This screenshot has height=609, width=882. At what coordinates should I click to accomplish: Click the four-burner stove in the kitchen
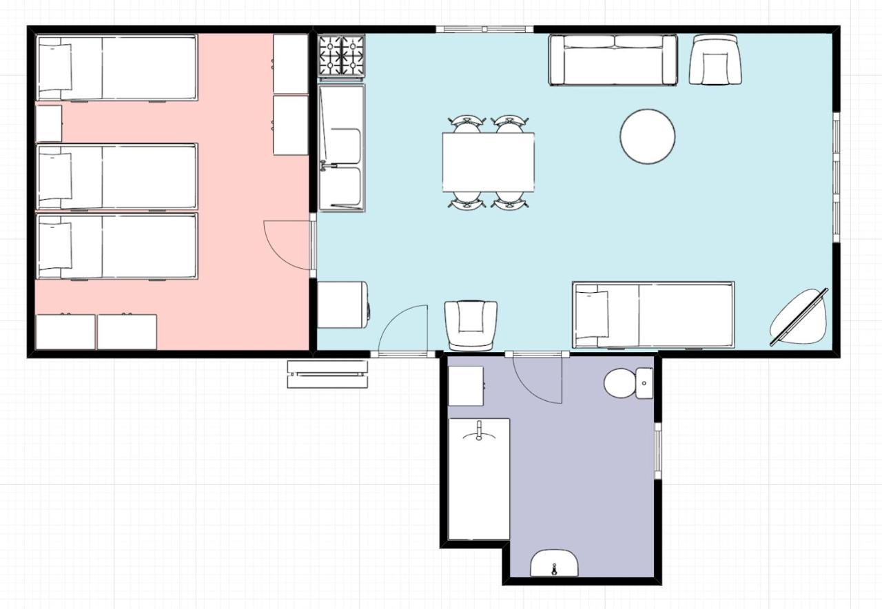[x=342, y=55]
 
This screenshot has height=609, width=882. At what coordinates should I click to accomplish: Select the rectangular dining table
[x=488, y=162]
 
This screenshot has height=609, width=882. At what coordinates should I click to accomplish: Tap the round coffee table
[x=647, y=136]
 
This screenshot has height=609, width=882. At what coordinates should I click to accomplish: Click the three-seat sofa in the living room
[x=613, y=61]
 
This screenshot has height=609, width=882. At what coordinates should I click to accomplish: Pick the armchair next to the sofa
[x=715, y=61]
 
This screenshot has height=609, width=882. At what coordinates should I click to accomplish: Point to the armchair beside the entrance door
[x=471, y=324]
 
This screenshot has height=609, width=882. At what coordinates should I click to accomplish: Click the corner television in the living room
[x=799, y=317]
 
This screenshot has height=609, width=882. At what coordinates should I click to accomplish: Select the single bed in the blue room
[x=653, y=315]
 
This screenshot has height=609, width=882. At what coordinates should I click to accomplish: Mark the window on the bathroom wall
[x=657, y=451]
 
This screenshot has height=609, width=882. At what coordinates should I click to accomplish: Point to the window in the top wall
[x=484, y=29]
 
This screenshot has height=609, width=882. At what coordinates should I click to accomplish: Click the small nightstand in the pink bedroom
[x=49, y=123]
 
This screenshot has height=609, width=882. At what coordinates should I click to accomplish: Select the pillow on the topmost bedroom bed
[x=55, y=67]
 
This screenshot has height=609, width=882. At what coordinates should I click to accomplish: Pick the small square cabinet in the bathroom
[x=465, y=386]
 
